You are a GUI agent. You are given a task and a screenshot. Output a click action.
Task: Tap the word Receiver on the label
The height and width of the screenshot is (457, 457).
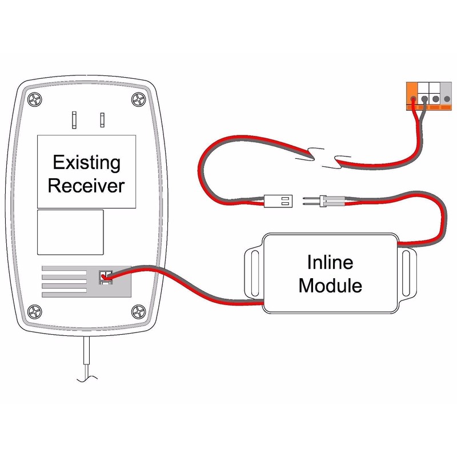86,186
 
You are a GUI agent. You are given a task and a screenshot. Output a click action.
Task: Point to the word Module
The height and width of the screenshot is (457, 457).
330,284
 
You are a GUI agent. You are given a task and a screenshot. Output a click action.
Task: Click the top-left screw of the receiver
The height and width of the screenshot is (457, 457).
36,99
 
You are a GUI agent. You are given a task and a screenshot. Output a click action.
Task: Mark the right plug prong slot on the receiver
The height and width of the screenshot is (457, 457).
102,119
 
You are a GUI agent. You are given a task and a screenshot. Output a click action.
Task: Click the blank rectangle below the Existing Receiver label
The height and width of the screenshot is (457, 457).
70,231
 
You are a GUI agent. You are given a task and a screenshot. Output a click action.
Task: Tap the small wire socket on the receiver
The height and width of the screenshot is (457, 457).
105,276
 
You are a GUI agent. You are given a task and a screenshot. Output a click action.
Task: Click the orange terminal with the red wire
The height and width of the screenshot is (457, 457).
412,93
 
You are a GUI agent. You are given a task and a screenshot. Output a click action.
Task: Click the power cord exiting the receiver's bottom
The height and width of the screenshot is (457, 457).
86,360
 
